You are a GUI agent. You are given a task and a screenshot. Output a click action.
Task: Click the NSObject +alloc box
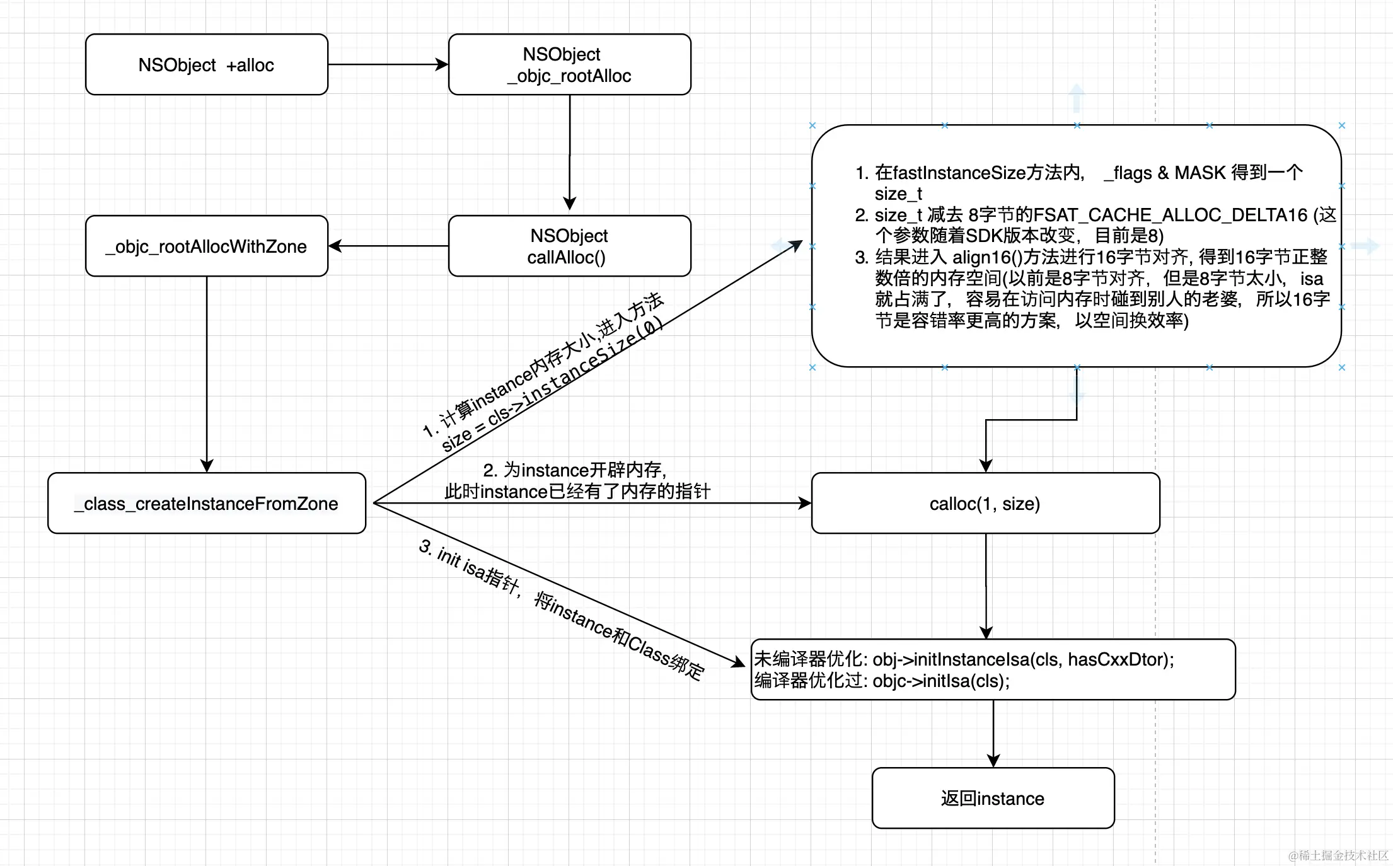click(206, 65)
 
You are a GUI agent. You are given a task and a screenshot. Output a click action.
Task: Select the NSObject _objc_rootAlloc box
click(569, 65)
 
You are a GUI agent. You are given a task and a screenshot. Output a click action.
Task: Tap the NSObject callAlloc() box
click(569, 246)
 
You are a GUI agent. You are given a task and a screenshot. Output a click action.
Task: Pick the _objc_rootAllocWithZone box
click(206, 246)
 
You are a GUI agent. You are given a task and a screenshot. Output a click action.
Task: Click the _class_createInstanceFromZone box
click(206, 504)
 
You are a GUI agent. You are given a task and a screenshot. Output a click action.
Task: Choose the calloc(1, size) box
click(985, 504)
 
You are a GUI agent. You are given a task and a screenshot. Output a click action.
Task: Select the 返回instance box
click(993, 799)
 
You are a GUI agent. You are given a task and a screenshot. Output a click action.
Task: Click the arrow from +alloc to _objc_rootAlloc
click(388, 64)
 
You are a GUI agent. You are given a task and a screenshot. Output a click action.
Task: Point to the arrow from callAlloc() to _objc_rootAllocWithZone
click(388, 246)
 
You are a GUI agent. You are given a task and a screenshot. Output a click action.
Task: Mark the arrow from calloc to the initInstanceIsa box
click(986, 586)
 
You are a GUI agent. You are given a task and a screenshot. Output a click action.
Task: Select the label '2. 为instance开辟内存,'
click(575, 470)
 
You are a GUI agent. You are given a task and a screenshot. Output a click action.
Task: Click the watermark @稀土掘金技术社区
click(1338, 855)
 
